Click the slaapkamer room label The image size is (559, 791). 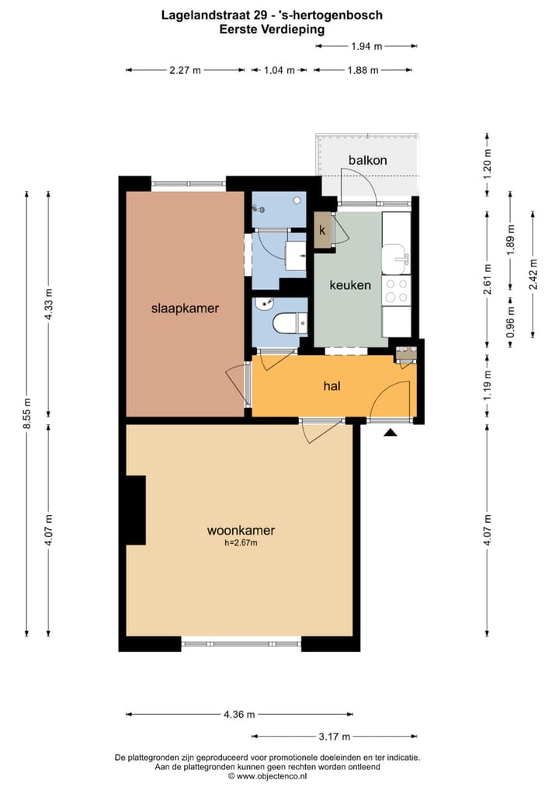(x=185, y=308)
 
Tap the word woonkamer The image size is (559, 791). (x=241, y=531)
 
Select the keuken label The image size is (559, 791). (x=350, y=285)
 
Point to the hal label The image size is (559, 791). (x=332, y=385)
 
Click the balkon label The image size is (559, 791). (x=367, y=160)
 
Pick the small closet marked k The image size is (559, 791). (x=322, y=231)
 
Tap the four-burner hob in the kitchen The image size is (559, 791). (x=398, y=291)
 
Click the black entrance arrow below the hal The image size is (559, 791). (x=391, y=432)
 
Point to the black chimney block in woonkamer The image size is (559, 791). (x=135, y=510)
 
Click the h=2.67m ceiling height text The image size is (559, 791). (x=241, y=543)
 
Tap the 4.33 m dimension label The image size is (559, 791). (x=49, y=302)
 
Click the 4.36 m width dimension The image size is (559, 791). (x=239, y=715)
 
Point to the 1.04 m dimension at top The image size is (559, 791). (x=279, y=70)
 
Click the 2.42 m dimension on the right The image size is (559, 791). (x=533, y=273)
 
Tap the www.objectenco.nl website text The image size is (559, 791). (x=271, y=775)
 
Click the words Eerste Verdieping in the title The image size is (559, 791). (x=272, y=29)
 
